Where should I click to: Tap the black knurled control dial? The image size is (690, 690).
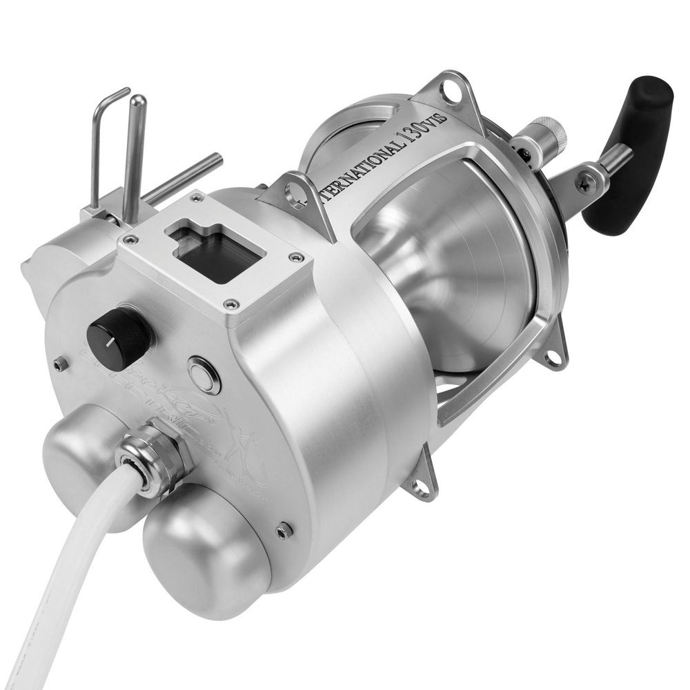pyautogui.click(x=118, y=337)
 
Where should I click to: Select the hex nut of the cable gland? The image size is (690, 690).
pyautogui.click(x=155, y=458)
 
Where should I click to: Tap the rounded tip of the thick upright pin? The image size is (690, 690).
pyautogui.click(x=137, y=101)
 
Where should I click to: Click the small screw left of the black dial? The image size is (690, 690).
pyautogui.click(x=61, y=364)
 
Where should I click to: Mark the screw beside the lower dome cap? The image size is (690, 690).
pyautogui.click(x=284, y=530)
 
